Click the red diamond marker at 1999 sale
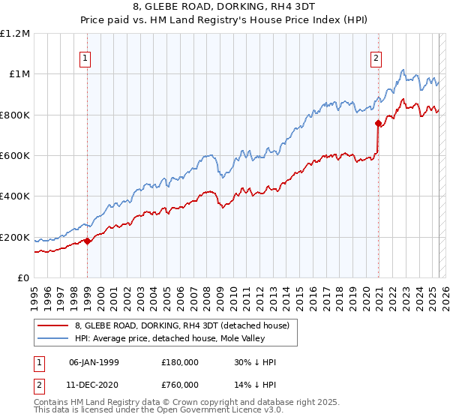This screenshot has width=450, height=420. [87, 241]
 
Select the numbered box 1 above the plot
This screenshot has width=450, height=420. [86, 57]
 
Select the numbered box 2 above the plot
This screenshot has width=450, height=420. [375, 57]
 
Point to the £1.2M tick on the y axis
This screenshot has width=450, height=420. [16, 33]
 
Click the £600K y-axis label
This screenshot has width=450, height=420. [16, 155]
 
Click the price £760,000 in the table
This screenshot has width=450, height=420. [180, 385]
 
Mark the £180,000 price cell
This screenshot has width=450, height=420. [180, 362]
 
